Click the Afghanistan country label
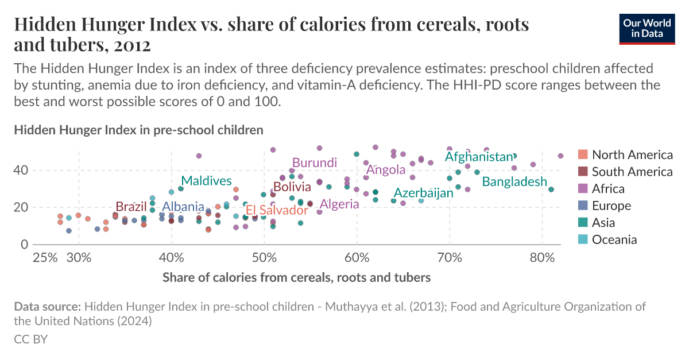[478, 157]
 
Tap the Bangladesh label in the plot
[514, 182]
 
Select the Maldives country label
[207, 181]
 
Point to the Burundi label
[315, 163]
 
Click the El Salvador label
[277, 210]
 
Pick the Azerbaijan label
[424, 193]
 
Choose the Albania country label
[183, 207]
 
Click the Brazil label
[131, 207]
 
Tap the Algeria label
[339, 204]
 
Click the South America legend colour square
[583, 172]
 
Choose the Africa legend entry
[608, 189]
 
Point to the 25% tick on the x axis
[45, 257]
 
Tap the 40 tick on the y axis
[21, 170]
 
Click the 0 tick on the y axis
[24, 245]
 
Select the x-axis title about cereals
[296, 278]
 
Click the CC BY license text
[30, 339]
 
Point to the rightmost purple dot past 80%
[561, 156]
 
